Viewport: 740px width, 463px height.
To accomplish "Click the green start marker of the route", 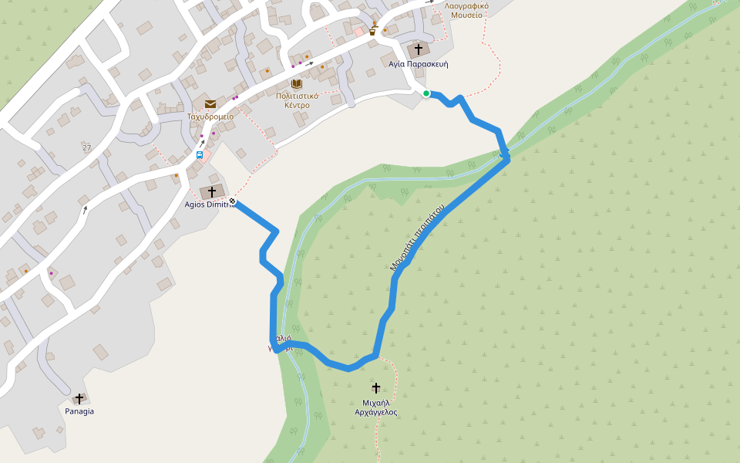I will coord(426,93).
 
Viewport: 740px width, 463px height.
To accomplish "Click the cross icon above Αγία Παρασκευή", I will coord(419,49).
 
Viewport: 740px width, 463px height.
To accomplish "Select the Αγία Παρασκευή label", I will coord(419,64).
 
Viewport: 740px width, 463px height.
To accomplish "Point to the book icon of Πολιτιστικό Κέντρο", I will coord(296,83).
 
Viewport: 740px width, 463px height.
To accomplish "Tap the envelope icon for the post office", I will coord(210,104).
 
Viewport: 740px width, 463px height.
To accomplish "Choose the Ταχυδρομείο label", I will coord(210,117).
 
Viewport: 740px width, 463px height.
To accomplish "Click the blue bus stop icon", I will coord(200,154).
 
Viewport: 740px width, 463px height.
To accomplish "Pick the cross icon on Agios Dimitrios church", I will coord(211,191).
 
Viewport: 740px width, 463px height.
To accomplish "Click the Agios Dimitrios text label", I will coord(207,204).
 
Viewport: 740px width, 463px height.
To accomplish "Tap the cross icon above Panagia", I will coord(79,398).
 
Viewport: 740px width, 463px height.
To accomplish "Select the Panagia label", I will coord(79,411).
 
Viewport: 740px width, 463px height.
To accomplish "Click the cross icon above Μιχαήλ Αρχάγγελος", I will coord(376,387).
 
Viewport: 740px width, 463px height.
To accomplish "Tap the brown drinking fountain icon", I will coord(374,29).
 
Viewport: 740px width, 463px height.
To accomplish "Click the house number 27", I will coord(86,147).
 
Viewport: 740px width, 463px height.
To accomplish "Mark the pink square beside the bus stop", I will coord(206,154).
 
